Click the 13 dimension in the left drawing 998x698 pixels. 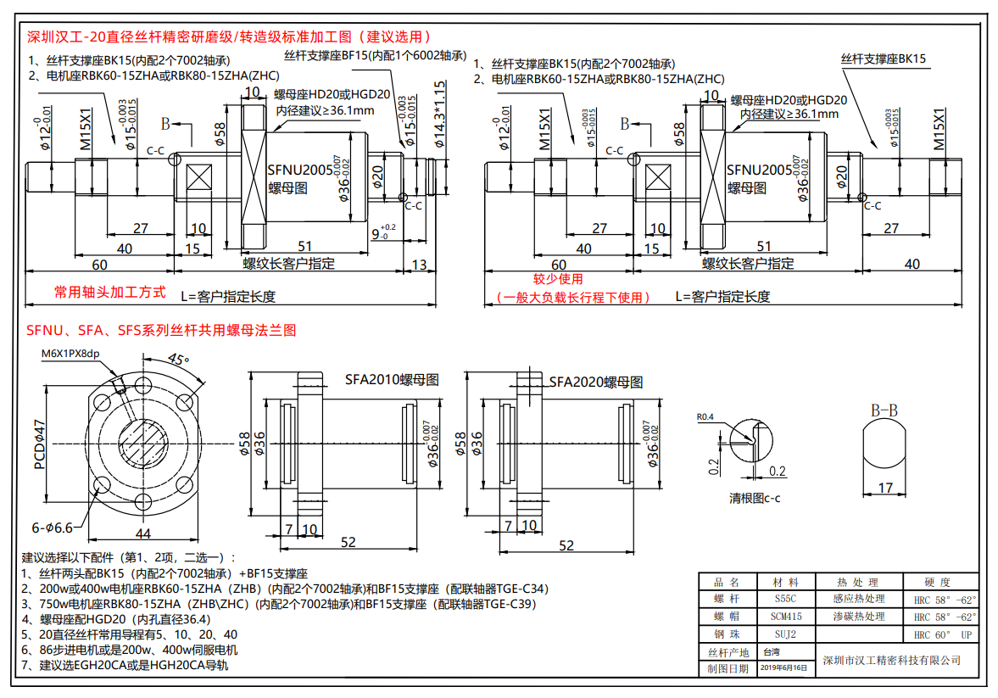[x=419, y=265]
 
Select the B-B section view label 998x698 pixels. [x=884, y=410]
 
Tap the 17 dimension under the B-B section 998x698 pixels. [x=885, y=488]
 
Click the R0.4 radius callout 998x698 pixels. [x=706, y=416]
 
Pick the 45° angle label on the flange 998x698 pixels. [x=178, y=359]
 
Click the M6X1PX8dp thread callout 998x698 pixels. [x=70, y=354]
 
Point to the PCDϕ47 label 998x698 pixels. [x=39, y=443]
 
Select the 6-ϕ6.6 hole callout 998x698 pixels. [x=53, y=527]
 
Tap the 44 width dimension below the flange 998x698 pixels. [x=142, y=533]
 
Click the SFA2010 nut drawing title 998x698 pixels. [x=392, y=379]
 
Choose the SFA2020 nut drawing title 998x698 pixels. [x=595, y=382]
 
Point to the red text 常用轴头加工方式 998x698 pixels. [x=110, y=292]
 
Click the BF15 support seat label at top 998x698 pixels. [x=375, y=55]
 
